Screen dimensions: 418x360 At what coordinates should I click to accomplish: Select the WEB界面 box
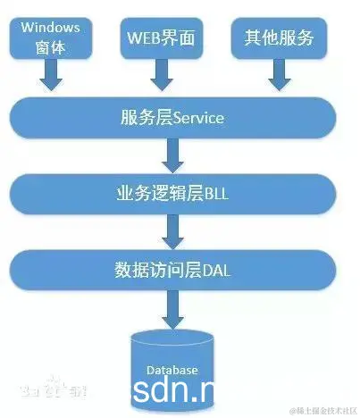coord(161,38)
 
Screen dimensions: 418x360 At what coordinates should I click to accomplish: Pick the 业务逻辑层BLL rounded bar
coord(172,192)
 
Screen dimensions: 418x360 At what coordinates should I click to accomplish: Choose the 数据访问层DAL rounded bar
coord(172,268)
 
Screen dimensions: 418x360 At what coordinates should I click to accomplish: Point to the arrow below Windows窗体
coord(51,78)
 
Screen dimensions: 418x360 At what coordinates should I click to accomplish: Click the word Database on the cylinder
coord(172,368)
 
